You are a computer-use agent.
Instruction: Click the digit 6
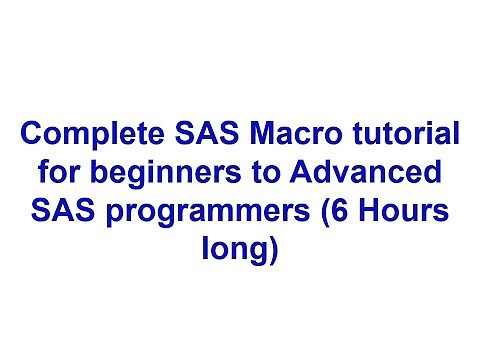(335, 214)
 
